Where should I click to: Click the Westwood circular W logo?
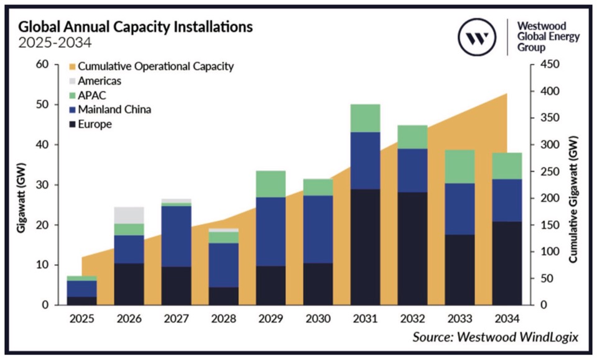tap(478, 38)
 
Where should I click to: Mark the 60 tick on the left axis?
tap(41, 65)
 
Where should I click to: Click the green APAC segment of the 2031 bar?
tap(366, 118)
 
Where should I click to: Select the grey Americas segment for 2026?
tap(129, 215)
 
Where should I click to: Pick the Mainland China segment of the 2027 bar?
tap(176, 236)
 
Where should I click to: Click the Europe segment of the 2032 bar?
tap(413, 248)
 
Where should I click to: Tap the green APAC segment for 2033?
tap(460, 166)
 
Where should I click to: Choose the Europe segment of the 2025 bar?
tap(82, 300)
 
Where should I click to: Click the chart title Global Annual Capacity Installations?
tap(135, 27)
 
